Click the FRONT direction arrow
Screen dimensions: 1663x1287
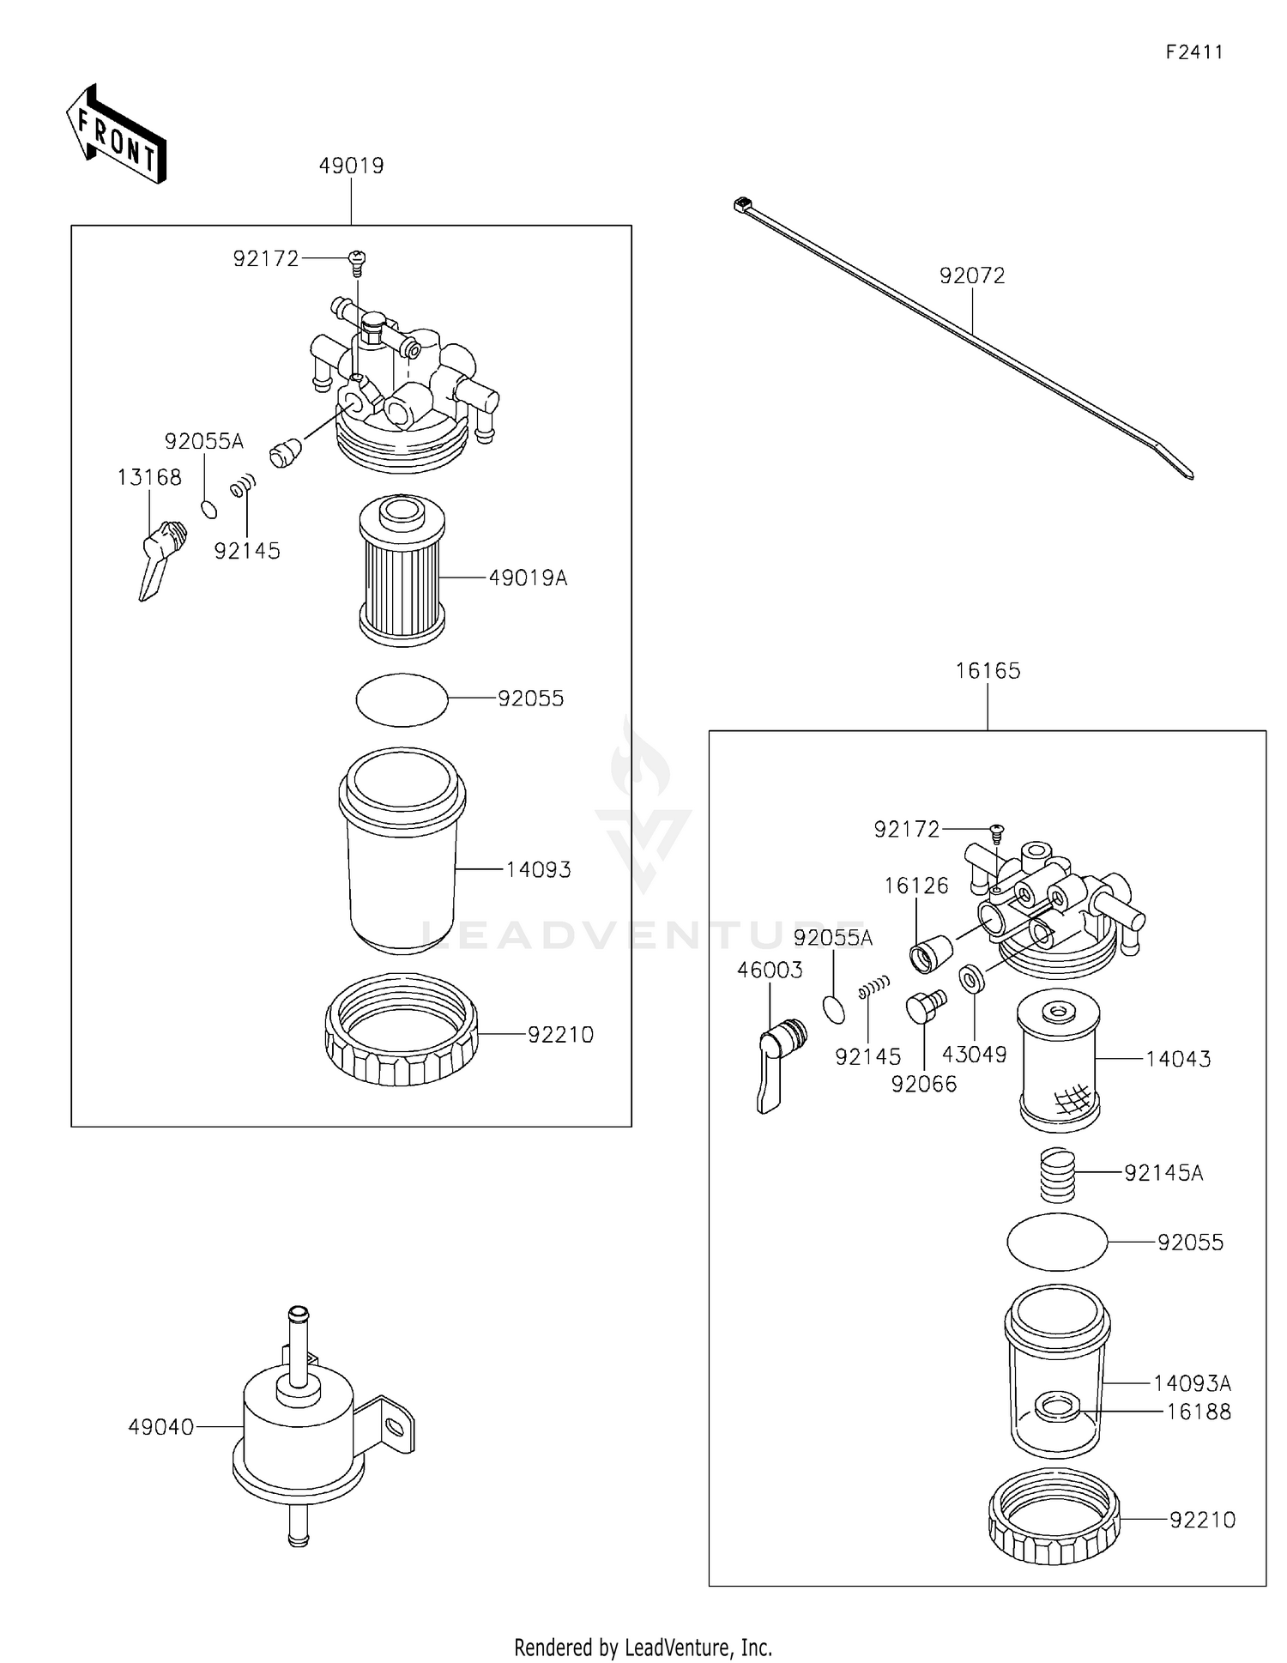116,134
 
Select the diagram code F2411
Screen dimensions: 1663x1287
1194,52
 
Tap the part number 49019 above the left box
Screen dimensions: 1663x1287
351,166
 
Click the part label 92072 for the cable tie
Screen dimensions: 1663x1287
971,276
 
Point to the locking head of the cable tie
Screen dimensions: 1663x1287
742,204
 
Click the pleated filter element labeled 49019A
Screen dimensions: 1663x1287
402,571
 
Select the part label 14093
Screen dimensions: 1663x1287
538,870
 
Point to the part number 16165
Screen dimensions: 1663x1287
988,671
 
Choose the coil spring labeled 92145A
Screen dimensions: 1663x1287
1057,1175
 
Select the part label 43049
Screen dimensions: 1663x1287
974,1055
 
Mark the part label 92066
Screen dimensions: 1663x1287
923,1085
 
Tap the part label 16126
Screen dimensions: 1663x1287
916,886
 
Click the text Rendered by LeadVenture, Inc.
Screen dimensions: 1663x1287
643,1647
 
